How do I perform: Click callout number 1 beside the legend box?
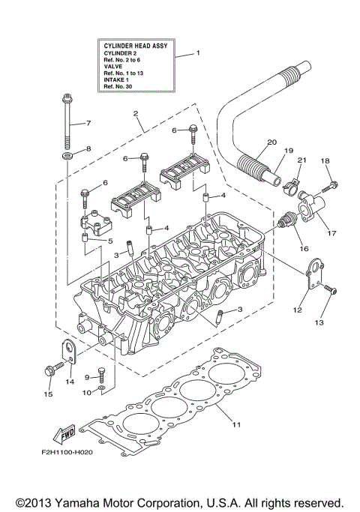199,53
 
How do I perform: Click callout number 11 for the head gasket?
235,426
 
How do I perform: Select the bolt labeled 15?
51,370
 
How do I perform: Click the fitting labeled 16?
286,222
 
